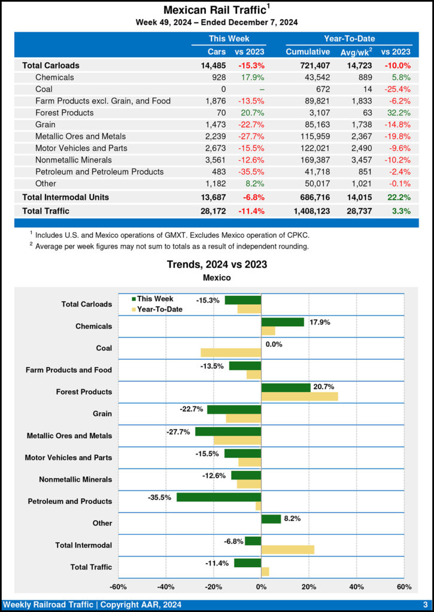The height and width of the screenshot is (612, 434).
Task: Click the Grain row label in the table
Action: pyautogui.click(x=46, y=124)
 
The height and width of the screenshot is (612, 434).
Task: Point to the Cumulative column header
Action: pyautogui.click(x=308, y=51)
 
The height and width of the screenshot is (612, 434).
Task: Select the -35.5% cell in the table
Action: pyautogui.click(x=251, y=172)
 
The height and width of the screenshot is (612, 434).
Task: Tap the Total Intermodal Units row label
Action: pyautogui.click(x=66, y=197)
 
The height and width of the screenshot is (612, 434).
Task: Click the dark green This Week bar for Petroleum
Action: pyautogui.click(x=219, y=497)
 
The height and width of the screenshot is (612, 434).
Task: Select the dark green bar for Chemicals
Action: pyautogui.click(x=283, y=322)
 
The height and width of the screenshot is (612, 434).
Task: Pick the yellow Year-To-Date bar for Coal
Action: pyautogui.click(x=231, y=353)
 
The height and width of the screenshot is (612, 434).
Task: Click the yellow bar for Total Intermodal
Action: pyautogui.click(x=288, y=549)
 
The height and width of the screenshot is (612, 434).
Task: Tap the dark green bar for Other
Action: pyautogui.click(x=271, y=519)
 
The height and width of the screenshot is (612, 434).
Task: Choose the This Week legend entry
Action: pyautogui.click(x=154, y=298)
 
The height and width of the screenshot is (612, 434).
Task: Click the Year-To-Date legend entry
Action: pyautogui.click(x=157, y=309)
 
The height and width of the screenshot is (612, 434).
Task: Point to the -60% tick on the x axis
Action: pyautogui.click(x=118, y=587)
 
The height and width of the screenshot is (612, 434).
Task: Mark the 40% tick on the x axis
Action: pyautogui.click(x=356, y=587)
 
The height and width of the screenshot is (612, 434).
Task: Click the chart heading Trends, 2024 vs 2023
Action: pyautogui.click(x=217, y=264)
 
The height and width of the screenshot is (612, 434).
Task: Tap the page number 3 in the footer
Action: pyautogui.click(x=425, y=605)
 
